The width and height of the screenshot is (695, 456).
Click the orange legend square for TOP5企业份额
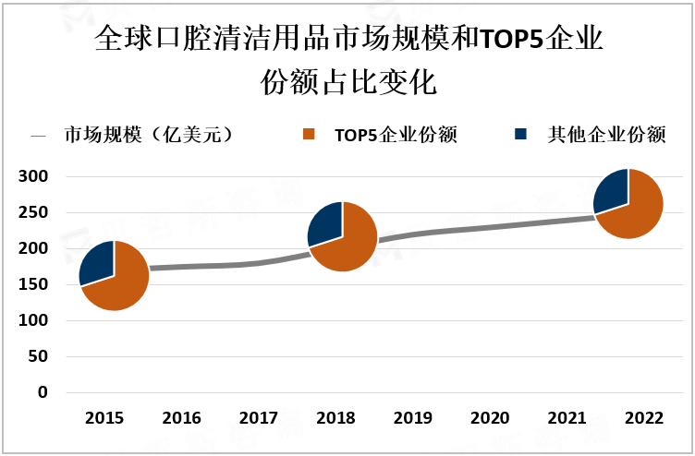[x=310, y=135]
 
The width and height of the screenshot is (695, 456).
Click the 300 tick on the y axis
[x=34, y=176]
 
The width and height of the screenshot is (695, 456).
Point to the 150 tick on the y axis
[x=34, y=284]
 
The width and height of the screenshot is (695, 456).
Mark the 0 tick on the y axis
[x=43, y=392]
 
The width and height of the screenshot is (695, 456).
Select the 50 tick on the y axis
[x=38, y=356]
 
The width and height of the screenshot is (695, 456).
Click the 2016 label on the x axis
[x=182, y=418]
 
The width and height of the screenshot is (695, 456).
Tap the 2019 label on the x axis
[x=413, y=418]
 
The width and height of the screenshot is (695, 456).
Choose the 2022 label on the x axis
[x=644, y=418]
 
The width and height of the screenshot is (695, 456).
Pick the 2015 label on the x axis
[x=104, y=418]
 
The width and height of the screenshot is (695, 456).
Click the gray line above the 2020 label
[x=490, y=226]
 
